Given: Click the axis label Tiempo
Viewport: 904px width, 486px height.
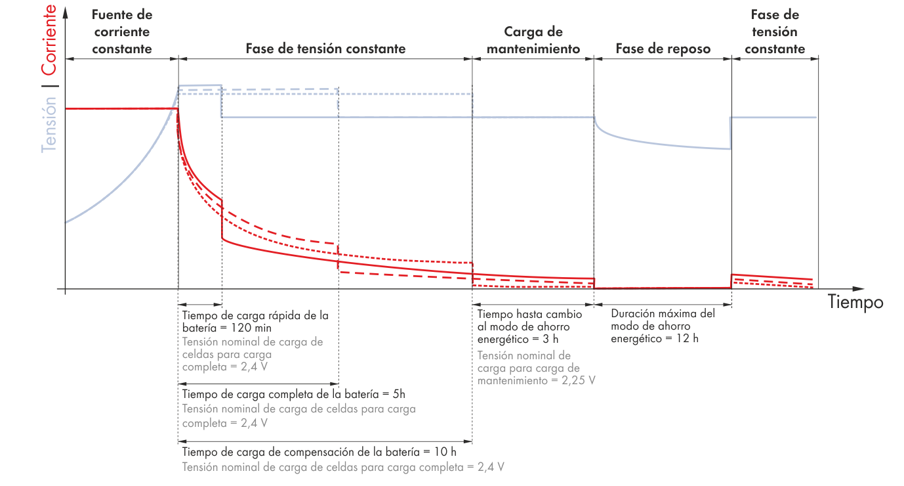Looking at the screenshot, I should [x=855, y=303].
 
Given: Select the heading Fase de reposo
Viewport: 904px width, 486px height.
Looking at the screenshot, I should [x=662, y=49].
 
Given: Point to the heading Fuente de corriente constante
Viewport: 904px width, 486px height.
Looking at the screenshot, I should [x=122, y=32].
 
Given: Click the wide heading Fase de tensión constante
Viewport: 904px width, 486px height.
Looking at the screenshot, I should [x=325, y=49].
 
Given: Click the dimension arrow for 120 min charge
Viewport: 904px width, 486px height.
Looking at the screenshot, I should [x=200, y=304].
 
